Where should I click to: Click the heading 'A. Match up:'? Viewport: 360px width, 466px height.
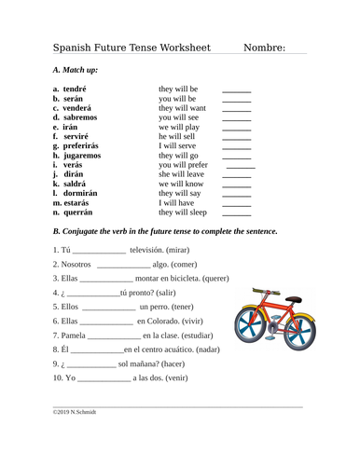tap(79, 71)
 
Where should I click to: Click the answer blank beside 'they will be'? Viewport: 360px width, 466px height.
tap(236, 89)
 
